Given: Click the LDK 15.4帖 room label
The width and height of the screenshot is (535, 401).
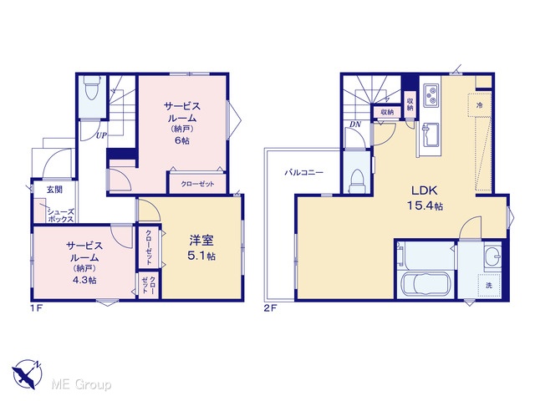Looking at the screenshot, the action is (425, 198).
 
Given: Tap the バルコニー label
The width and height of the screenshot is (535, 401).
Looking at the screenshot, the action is (303, 173).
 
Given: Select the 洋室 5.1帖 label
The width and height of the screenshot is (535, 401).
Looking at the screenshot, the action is (201, 247).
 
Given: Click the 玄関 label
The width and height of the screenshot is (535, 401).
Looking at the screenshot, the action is (54, 190).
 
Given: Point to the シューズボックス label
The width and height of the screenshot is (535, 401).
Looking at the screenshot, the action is (60, 216).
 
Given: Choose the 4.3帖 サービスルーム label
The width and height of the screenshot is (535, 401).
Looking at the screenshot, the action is (84, 262).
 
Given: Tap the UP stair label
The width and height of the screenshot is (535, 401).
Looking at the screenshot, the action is (101, 135).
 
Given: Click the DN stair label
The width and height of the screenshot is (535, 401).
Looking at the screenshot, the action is (355, 124).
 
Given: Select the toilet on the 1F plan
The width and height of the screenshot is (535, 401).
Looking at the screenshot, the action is (91, 88).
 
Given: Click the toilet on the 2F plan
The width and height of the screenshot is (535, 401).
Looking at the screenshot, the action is (357, 181).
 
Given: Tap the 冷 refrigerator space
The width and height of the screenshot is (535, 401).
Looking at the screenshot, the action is (479, 105).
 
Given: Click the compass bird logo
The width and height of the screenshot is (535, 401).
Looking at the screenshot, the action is (27, 374).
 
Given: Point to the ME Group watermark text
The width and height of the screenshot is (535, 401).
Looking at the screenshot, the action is (81, 385).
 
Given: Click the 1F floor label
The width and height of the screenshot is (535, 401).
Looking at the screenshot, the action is (36, 308).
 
